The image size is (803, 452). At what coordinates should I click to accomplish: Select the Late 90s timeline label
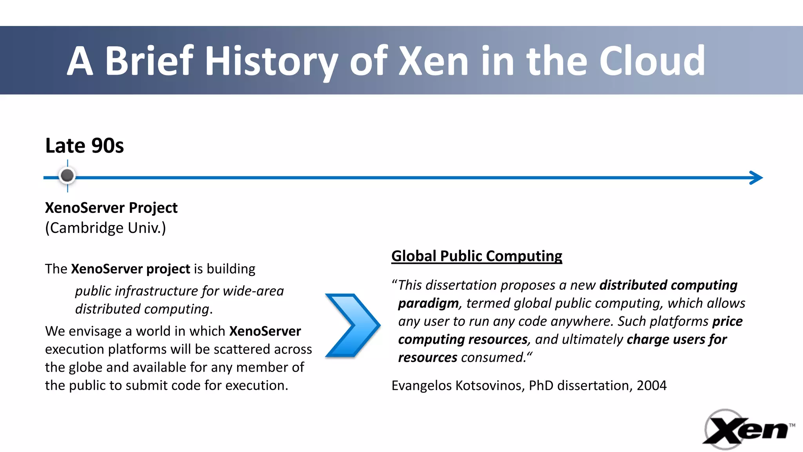pyautogui.click(x=84, y=145)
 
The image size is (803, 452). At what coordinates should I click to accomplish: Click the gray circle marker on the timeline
pyautogui.click(x=67, y=175)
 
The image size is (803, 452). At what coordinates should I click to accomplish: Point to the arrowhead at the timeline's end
pyautogui.click(x=757, y=178)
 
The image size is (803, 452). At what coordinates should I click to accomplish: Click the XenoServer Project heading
pyautogui.click(x=111, y=208)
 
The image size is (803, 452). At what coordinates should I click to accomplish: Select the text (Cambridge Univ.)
pyautogui.click(x=105, y=228)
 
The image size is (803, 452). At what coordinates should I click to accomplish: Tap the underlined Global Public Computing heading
pyautogui.click(x=476, y=256)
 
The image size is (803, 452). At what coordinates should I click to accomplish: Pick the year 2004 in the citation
pyautogui.click(x=651, y=385)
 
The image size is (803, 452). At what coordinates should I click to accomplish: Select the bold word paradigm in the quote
pyautogui.click(x=428, y=303)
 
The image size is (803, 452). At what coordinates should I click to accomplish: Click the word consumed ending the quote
pyautogui.click(x=493, y=358)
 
